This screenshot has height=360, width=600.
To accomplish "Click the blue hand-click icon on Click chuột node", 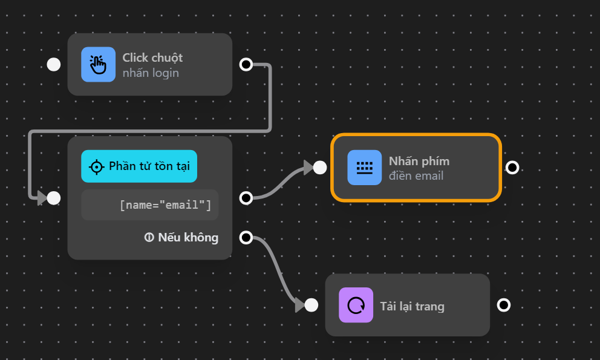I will (x=98, y=64).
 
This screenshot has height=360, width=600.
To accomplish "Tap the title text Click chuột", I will (x=152, y=57).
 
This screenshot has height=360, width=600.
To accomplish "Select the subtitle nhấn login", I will (x=151, y=73).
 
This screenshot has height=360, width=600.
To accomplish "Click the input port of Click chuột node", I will (x=54, y=64).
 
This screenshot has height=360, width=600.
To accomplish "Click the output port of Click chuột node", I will (x=246, y=64).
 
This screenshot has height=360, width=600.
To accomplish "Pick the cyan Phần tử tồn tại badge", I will (x=139, y=166).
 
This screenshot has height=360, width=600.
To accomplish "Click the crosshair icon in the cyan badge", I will (x=96, y=166).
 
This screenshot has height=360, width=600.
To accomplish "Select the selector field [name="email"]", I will (x=150, y=205).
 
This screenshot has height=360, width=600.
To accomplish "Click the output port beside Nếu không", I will (x=246, y=238).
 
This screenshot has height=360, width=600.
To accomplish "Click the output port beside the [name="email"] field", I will (x=246, y=198).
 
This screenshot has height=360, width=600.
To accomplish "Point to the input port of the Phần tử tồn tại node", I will (x=54, y=198).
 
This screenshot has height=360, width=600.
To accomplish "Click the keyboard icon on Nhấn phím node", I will (x=364, y=168).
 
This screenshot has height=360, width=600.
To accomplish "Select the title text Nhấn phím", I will (x=419, y=161).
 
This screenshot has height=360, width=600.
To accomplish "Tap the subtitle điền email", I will (x=416, y=176).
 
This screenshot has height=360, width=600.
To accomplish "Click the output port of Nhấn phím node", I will (x=512, y=168).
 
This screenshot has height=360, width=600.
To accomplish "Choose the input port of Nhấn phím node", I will (x=320, y=168).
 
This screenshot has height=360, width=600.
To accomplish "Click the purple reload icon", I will (x=356, y=305).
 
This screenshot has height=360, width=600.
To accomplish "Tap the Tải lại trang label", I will (x=412, y=306).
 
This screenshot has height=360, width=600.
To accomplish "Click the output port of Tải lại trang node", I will (x=503, y=305).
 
